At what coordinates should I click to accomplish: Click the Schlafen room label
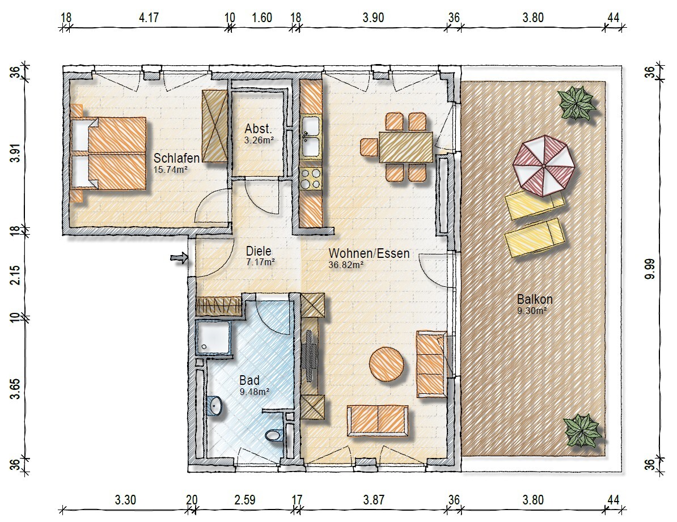tap(176, 158)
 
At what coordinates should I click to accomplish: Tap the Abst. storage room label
tap(258, 129)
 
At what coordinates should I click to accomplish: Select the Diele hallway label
tap(259, 251)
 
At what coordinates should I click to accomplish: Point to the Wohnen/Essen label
tap(369, 253)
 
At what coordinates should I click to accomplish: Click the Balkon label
tap(535, 299)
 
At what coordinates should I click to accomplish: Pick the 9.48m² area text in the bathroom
tap(255, 392)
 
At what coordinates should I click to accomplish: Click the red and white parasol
tap(544, 165)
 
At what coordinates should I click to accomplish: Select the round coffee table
tap(387, 364)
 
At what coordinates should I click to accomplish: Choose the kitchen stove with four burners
tap(311, 179)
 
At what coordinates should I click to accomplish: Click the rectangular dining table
tap(406, 147)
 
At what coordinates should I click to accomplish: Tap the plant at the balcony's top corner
tap(576, 103)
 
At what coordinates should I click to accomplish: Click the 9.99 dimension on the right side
tap(650, 269)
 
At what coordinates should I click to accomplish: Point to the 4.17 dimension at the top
tap(149, 18)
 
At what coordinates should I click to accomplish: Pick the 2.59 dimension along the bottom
tap(245, 500)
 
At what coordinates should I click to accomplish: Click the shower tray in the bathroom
tap(214, 337)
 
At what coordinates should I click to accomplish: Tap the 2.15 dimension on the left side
tap(15, 274)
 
